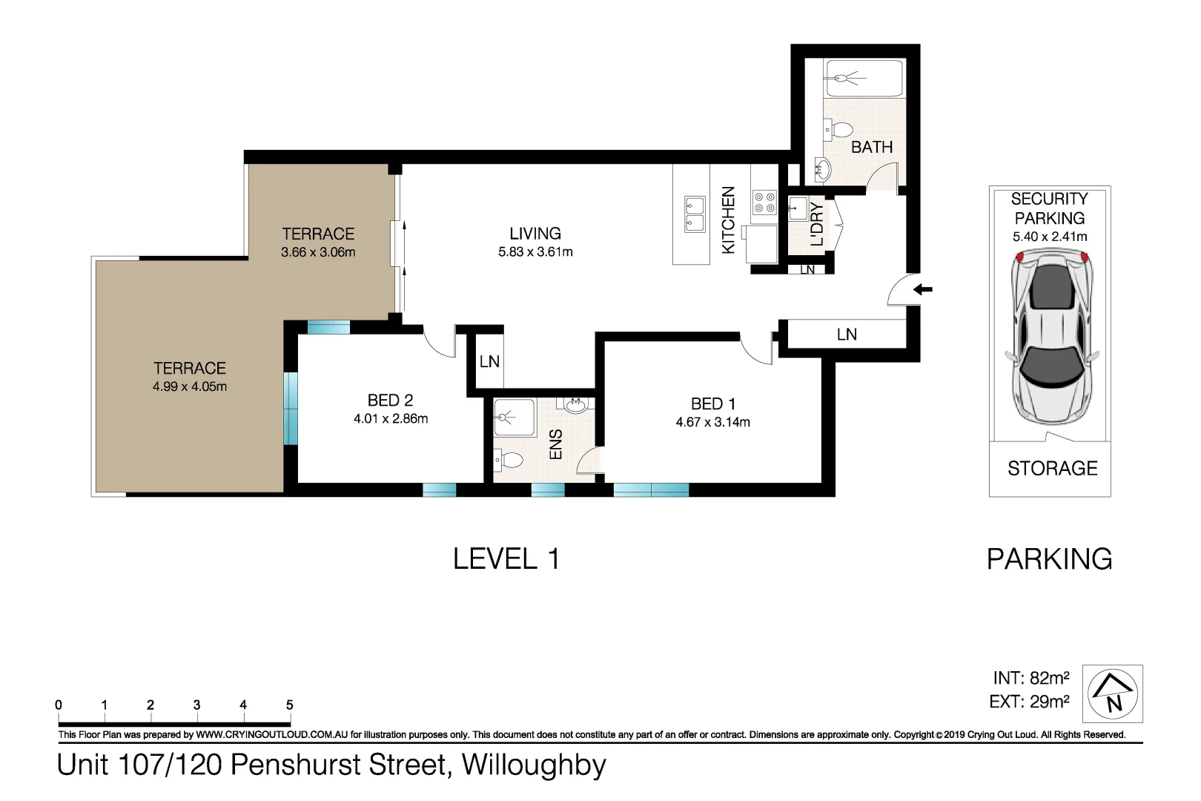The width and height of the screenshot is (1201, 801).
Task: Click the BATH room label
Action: (871, 147)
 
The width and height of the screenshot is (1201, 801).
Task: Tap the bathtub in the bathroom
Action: (864, 79)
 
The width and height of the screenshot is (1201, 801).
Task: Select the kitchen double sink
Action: (695, 214)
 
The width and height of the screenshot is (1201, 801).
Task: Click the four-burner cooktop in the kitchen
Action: (764, 202)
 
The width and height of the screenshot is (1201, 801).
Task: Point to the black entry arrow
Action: (923, 289)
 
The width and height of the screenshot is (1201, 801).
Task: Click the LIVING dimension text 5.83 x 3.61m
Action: (535, 252)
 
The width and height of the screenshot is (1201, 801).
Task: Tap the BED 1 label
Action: (713, 404)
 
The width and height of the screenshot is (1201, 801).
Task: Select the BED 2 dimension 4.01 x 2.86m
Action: (391, 419)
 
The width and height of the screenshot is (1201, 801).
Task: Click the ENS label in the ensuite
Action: (556, 444)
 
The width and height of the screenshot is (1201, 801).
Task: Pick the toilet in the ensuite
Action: (510, 460)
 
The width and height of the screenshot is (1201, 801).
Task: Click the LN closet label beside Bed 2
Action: (489, 362)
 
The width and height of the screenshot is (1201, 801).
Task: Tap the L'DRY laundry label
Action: (817, 224)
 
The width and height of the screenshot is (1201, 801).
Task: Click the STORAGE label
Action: (1052, 469)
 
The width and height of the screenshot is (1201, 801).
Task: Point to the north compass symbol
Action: (1113, 694)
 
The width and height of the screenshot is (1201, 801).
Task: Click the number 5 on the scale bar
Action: (289, 705)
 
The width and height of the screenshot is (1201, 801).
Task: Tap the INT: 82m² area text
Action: (1030, 678)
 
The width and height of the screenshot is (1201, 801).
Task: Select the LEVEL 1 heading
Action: (506, 559)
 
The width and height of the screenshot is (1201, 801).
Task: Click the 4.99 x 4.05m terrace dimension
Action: (190, 386)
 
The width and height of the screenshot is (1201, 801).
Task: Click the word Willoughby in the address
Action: (534, 765)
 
